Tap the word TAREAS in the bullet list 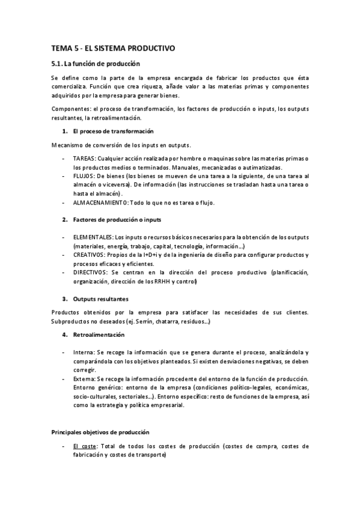(85, 158)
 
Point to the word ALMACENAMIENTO (103, 203)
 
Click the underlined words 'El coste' (84, 446)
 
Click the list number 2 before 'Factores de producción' (64, 220)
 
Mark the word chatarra (183, 322)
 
